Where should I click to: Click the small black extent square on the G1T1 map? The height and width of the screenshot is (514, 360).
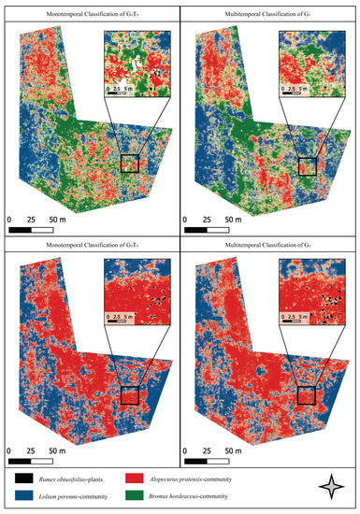coord(129,164)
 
